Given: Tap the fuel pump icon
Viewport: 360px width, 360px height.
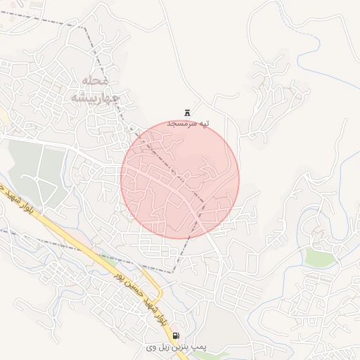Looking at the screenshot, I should pos(175,335).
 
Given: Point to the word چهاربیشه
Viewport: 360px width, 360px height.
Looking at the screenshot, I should pos(91,96).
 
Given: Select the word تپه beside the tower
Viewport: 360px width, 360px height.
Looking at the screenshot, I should pos(204,123).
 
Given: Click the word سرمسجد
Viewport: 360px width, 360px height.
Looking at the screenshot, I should pos(181,123).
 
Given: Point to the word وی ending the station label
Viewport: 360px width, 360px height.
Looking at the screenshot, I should pos(150,348).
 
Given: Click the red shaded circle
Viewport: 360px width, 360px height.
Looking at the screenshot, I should pos(180,179).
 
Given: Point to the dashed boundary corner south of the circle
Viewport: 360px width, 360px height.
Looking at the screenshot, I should pos(175,271).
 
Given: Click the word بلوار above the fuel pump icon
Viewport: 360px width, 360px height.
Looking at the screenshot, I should pos(162,320).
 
